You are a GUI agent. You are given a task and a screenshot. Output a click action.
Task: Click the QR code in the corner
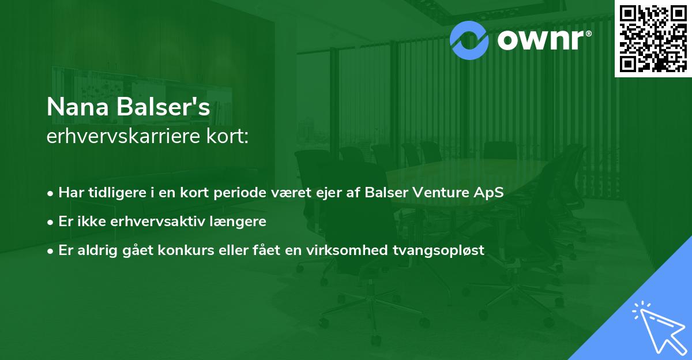coord(653,38)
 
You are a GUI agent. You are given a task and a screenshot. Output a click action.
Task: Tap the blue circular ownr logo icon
coord(469,39)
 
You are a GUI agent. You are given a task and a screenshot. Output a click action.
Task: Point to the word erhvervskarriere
coord(123,137)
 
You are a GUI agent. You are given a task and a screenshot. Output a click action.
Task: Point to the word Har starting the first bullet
coord(70,193)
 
